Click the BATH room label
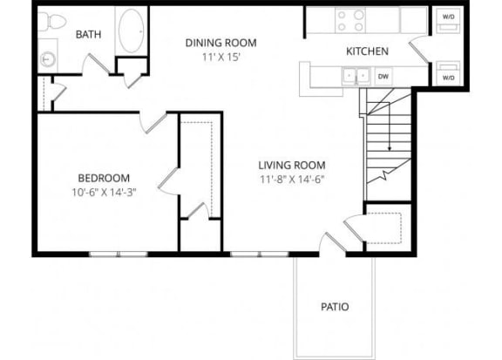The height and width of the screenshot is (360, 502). coord(88,35)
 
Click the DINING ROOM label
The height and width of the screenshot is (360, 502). coord(222,42)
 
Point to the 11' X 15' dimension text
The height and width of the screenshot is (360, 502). coord(221,55)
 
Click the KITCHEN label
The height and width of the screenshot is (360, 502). coord(367,51)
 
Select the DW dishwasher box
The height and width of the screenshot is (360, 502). coord(383,76)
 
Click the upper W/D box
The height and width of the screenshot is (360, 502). coord(449,17)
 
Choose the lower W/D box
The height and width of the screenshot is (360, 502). coord(449,76)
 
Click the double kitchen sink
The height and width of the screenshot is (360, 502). coord(356,76)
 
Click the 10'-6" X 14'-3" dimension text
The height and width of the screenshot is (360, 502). coord(105,192)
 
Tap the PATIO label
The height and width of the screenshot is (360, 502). coord(335,307)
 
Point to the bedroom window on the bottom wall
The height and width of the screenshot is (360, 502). coord(118,254)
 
